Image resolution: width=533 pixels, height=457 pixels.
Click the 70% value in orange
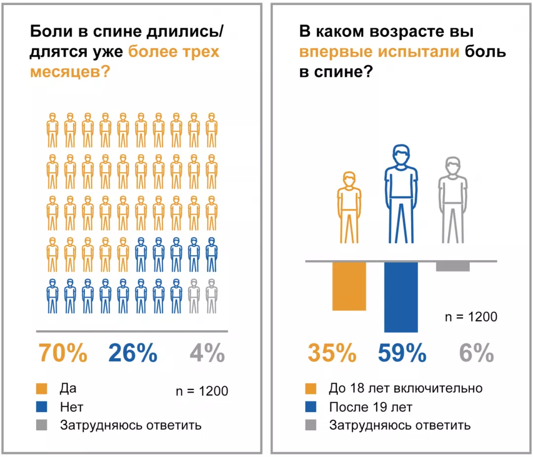(x=63, y=353)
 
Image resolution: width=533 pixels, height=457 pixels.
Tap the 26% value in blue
(x=132, y=353)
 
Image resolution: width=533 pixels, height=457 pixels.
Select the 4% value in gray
(x=207, y=353)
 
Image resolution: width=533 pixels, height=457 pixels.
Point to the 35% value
(x=332, y=353)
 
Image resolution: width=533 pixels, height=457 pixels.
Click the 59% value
(x=402, y=353)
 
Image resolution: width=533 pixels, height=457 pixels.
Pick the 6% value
(x=476, y=353)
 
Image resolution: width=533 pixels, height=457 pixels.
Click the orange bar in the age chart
(x=349, y=286)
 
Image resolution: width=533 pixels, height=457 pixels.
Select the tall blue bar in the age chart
(x=401, y=297)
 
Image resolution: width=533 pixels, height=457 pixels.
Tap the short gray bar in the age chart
(x=453, y=267)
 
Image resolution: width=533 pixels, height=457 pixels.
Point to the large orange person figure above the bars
(x=349, y=207)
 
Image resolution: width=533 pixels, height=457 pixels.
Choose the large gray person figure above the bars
(x=453, y=200)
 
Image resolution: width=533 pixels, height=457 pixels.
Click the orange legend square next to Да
(x=41, y=389)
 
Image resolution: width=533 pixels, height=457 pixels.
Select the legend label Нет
(x=72, y=407)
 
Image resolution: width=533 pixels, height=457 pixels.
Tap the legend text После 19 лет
(x=370, y=407)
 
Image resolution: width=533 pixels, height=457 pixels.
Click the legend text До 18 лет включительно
(x=405, y=388)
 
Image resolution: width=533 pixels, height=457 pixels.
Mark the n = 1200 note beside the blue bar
(x=471, y=317)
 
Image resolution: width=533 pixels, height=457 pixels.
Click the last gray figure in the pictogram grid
(x=212, y=296)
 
